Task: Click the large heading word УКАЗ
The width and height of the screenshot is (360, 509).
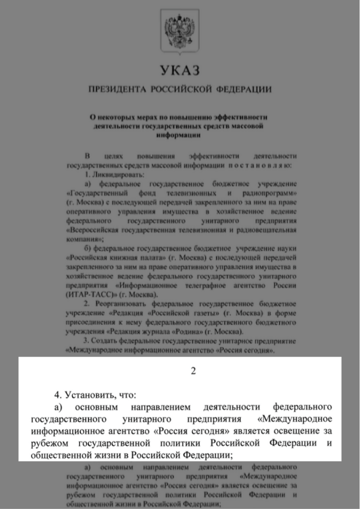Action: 179,72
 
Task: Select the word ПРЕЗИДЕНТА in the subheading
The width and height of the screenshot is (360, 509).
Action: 117,90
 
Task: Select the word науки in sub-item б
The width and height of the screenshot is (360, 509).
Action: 288,249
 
